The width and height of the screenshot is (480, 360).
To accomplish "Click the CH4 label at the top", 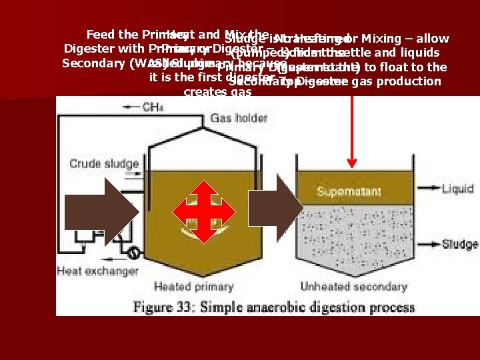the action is [153, 107].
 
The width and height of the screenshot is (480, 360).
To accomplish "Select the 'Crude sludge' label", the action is [104, 164].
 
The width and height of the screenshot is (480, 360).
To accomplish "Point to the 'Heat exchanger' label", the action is [97, 271].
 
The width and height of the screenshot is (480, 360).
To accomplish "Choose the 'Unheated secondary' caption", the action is [353, 287].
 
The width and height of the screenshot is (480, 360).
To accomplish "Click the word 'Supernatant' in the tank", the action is [349, 192].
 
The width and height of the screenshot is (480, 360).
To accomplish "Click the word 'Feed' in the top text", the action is [100, 35].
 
